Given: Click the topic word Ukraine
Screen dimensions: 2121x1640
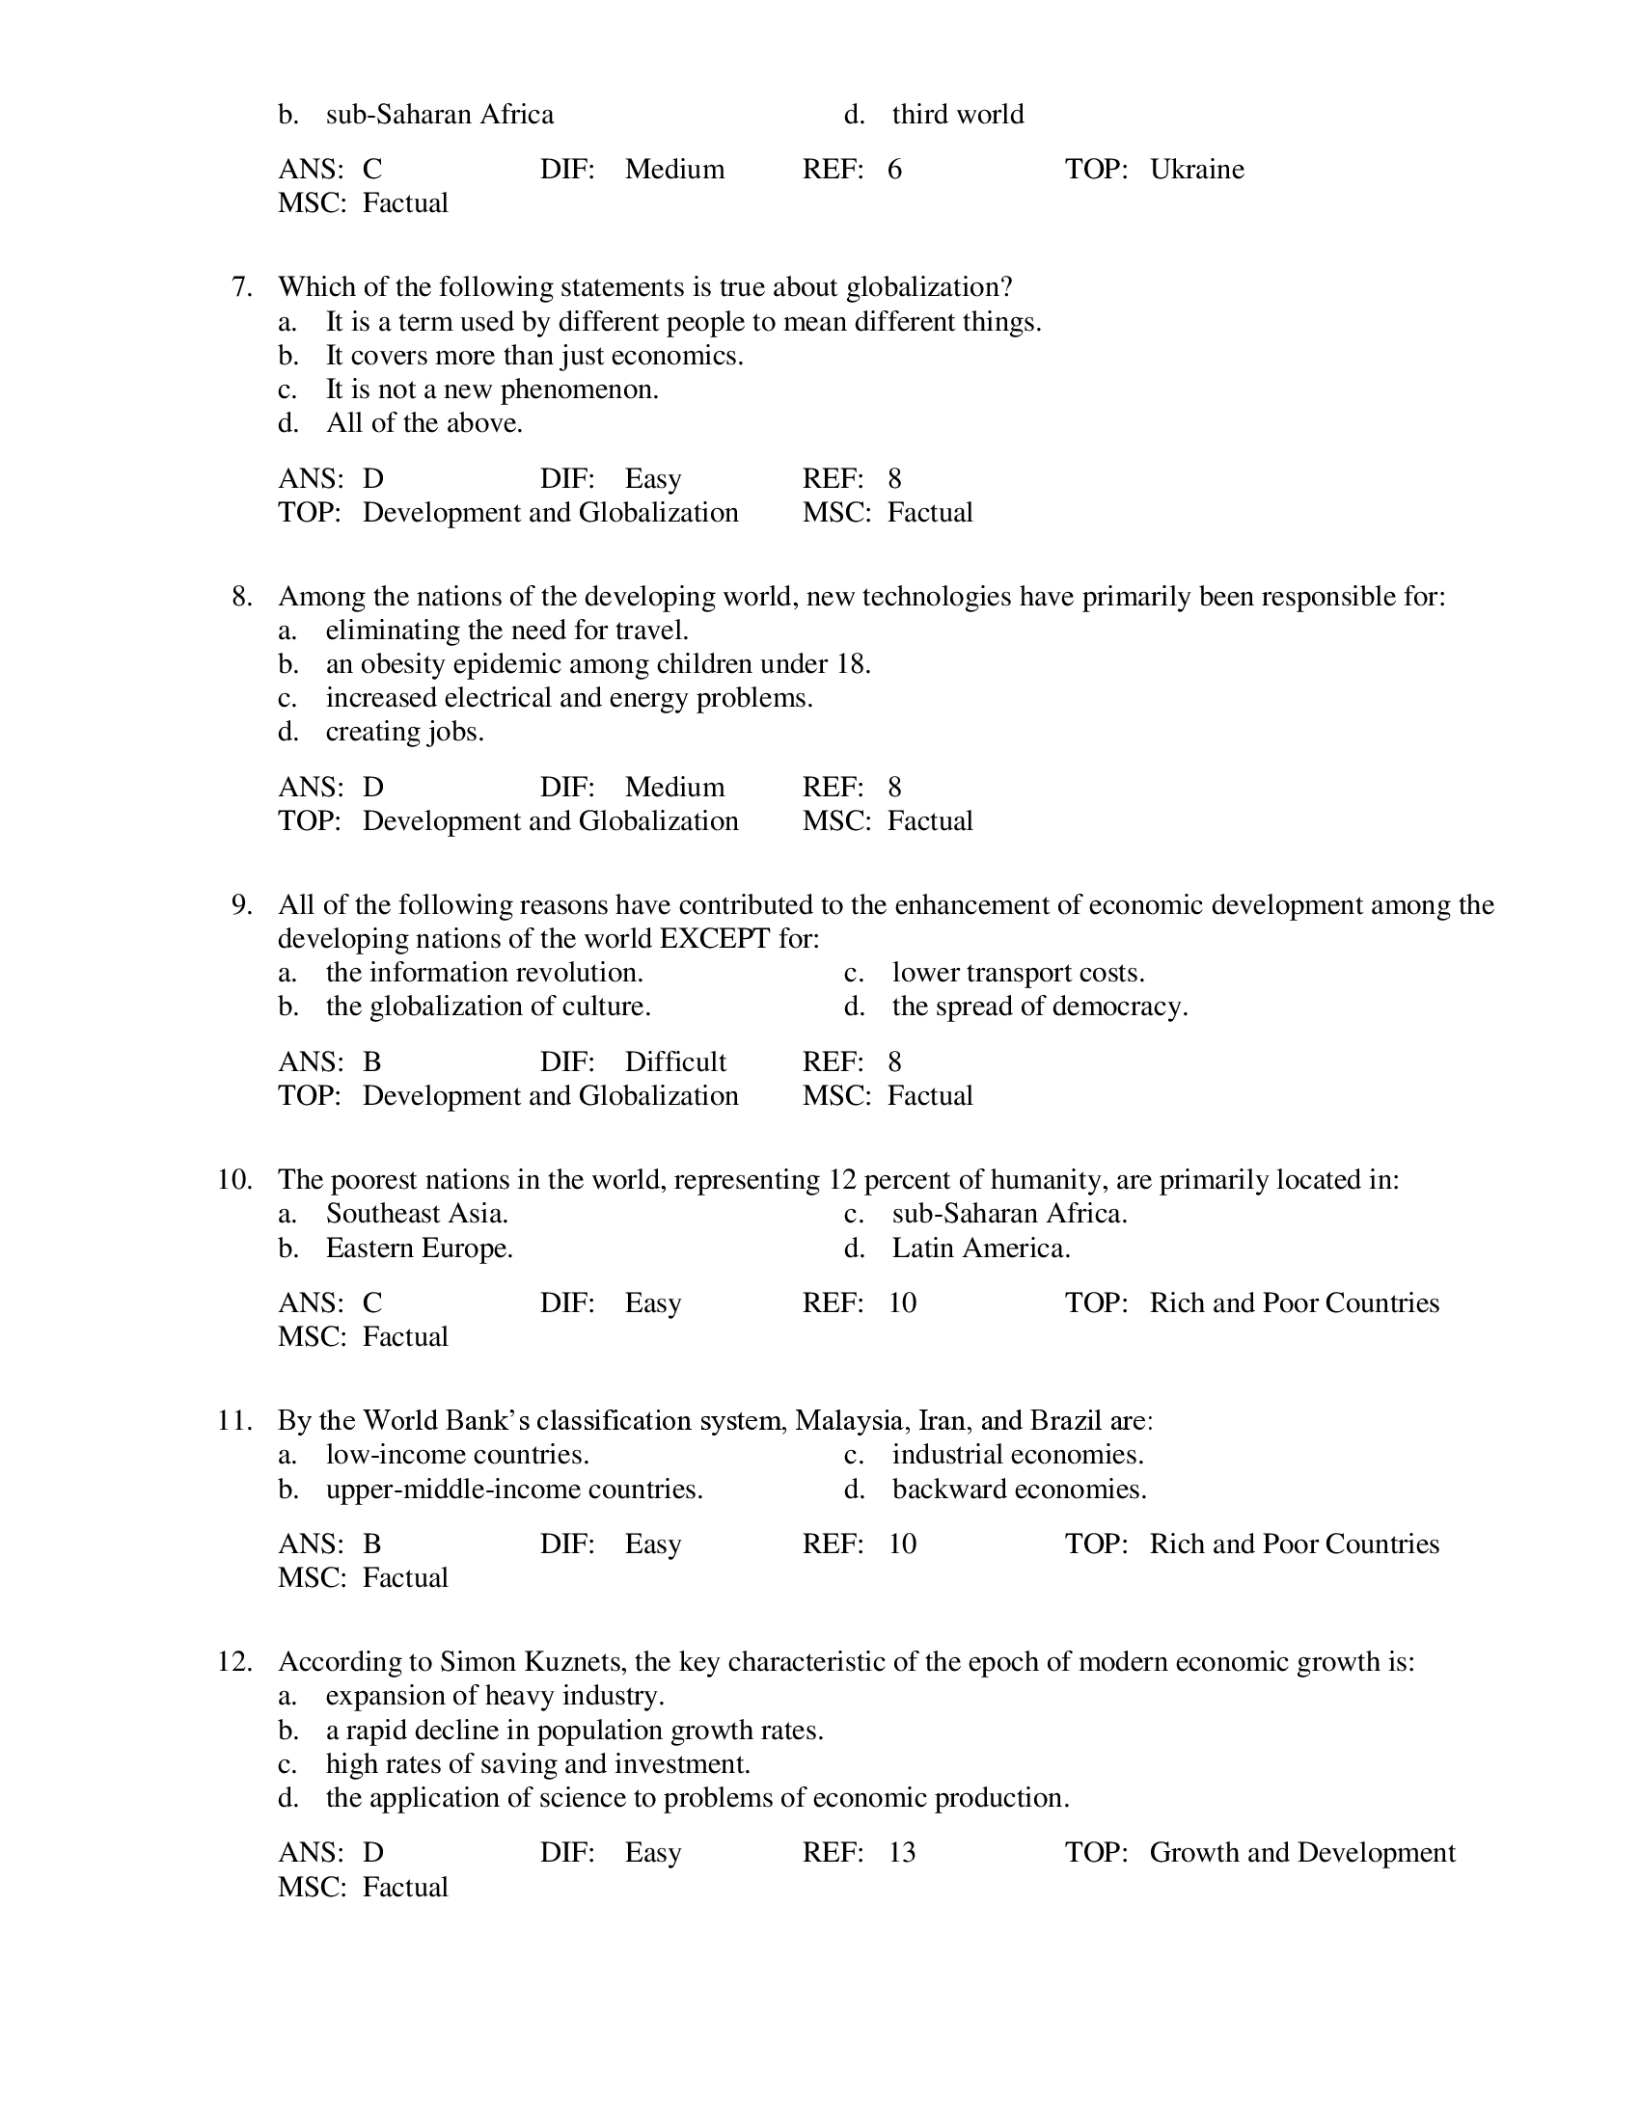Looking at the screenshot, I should tap(1196, 170).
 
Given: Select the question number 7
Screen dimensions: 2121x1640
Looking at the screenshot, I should tap(242, 287).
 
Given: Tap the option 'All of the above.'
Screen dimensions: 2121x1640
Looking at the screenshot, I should tap(424, 423).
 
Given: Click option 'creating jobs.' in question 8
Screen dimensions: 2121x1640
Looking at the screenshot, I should tap(404, 732).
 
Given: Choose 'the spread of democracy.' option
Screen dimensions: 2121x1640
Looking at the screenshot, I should tap(1040, 1007).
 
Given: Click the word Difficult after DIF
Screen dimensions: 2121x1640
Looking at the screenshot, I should tap(675, 1061).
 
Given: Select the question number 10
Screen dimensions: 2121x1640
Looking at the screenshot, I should tap(235, 1180).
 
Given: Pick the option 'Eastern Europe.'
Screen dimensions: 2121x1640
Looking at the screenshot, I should tap(419, 1248).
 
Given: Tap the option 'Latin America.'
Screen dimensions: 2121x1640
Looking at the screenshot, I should tap(980, 1248).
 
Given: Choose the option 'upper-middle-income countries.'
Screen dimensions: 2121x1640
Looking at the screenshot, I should tap(514, 1490).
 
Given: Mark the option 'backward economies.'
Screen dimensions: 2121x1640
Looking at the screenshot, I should tap(1019, 1490).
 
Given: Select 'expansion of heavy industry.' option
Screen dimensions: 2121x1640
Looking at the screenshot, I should tap(495, 1696).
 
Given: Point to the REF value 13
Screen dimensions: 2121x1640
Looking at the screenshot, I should tap(902, 1853).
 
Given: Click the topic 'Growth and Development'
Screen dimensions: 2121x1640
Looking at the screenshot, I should tap(1302, 1853).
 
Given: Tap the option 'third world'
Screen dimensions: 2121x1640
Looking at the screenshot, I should tap(957, 115).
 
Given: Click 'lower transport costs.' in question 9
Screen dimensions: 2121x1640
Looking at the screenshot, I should tap(1018, 973).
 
